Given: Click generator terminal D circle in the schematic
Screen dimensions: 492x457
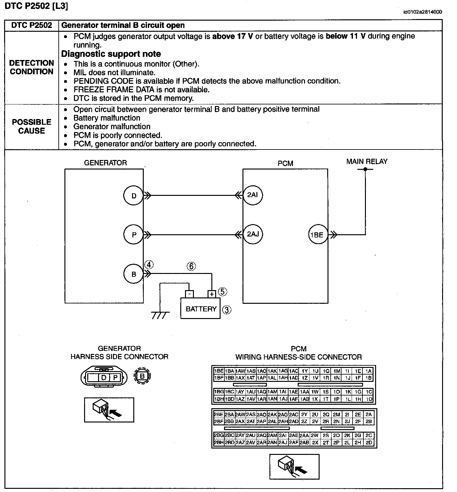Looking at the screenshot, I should click(134, 196).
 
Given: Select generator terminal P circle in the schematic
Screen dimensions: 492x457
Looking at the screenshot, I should click(134, 235).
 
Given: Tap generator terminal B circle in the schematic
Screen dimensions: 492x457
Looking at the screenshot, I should click(134, 274).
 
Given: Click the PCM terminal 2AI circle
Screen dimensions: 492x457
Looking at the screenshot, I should click(253, 195).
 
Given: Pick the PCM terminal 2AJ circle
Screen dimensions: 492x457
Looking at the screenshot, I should click(253, 234).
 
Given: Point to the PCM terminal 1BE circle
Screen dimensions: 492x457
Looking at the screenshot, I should click(317, 235).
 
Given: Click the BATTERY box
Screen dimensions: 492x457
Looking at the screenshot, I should click(201, 309).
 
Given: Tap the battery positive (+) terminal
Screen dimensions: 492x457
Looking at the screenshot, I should click(211, 294).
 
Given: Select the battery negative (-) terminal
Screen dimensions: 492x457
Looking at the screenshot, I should click(189, 294).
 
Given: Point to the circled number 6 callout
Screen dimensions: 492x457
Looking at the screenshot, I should click(191, 266).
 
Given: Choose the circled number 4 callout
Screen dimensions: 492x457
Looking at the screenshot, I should click(149, 264).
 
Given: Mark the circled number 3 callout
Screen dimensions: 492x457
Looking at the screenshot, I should click(227, 310).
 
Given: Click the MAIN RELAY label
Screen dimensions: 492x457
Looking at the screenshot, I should click(367, 162).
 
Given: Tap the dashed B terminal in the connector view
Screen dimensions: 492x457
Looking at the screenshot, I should click(142, 376).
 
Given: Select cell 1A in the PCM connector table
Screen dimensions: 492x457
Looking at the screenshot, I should click(368, 371).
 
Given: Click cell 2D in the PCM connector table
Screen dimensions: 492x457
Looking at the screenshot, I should click(369, 442).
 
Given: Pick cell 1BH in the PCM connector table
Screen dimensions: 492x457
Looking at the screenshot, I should click(218, 399).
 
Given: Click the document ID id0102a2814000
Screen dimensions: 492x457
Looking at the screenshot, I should click(422, 12).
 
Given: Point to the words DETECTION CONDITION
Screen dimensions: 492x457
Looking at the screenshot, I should click(32, 67).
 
